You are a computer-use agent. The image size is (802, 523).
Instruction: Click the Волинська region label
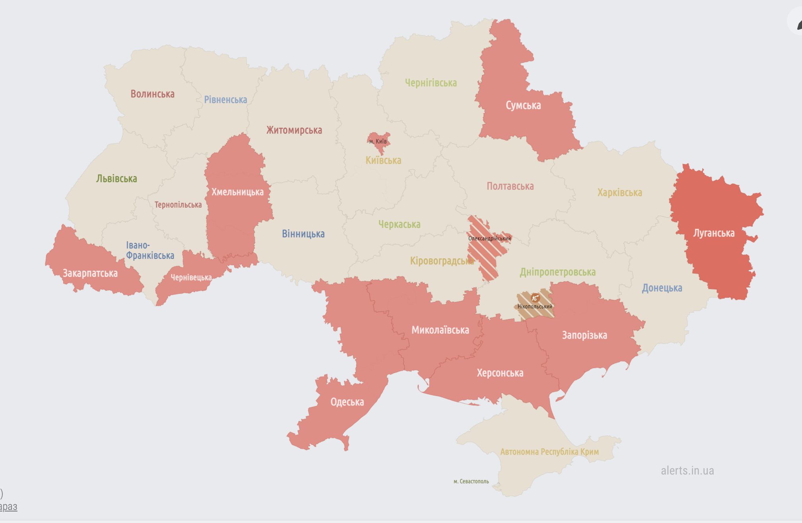point(152,94)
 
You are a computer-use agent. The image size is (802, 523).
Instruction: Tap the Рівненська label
point(226,100)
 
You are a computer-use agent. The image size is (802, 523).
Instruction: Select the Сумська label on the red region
point(523,106)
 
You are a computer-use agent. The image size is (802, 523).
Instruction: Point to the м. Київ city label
point(378,141)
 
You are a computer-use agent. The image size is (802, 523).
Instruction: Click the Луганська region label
point(714,233)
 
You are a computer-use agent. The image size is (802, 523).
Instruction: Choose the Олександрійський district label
point(489,238)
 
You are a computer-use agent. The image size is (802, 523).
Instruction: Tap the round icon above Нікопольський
point(535,298)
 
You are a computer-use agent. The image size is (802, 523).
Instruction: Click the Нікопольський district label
point(535,306)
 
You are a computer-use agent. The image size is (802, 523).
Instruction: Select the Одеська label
point(347,402)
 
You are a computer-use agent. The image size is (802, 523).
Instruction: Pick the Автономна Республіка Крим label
point(549,452)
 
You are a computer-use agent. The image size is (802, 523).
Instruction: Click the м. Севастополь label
point(471,481)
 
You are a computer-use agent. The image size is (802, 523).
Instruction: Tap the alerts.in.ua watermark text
point(687,471)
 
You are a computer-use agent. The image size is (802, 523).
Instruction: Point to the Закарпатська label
point(90,273)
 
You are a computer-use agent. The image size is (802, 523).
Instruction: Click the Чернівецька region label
point(191,277)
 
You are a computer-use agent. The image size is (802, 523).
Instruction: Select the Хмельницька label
point(237,192)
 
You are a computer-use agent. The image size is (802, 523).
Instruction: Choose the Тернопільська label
point(178,205)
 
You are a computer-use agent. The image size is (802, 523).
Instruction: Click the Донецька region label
point(662,288)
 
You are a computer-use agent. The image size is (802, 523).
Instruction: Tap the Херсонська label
point(500,373)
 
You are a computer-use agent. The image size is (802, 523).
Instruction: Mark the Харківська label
point(619,193)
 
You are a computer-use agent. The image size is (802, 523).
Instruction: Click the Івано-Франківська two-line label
point(150,250)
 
